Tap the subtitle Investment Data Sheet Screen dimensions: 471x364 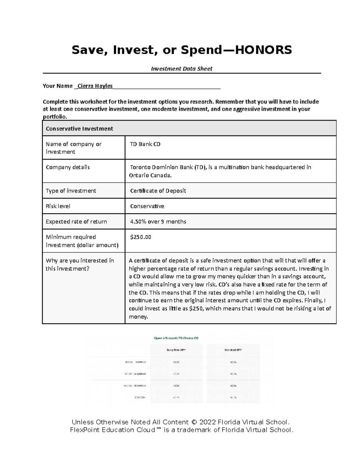click(182, 69)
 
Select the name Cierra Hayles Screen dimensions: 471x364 click(95, 86)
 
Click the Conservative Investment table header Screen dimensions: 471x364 click(79, 129)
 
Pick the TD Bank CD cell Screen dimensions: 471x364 click(145, 144)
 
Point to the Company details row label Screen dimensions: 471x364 click(68, 167)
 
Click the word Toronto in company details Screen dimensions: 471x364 click(140, 167)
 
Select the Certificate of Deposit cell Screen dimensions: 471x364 click(158, 191)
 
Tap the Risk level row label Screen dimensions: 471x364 click(58, 206)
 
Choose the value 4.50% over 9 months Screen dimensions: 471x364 click(158, 222)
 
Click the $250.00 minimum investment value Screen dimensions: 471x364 click(140, 237)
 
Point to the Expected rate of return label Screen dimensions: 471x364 click(76, 222)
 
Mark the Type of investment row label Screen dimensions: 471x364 click(71, 191)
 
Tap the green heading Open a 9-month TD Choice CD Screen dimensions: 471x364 click(176, 338)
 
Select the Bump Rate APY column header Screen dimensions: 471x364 click(176, 350)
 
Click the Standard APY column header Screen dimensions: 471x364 click(233, 350)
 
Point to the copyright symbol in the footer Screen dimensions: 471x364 click(194, 422)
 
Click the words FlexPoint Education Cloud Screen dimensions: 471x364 click(113, 430)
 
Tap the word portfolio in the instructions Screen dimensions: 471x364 click(54, 117)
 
